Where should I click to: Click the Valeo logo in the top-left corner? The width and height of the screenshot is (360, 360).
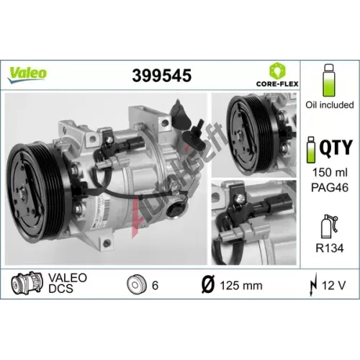click(x=27, y=74)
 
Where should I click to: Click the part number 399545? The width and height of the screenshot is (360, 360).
click(x=162, y=76)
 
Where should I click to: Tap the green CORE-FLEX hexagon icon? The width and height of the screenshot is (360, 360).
click(x=277, y=71)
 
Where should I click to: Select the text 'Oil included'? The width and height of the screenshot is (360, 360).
click(x=330, y=105)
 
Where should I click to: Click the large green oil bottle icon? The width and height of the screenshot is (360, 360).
click(x=329, y=80)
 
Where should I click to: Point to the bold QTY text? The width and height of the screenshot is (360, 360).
click(x=336, y=148)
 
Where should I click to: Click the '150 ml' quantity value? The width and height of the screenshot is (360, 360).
click(x=330, y=172)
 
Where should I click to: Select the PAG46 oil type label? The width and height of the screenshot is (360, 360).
click(x=330, y=187)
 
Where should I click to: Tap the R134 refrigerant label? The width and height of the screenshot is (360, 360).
click(x=330, y=248)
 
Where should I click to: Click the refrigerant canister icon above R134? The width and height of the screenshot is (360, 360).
click(x=328, y=227)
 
